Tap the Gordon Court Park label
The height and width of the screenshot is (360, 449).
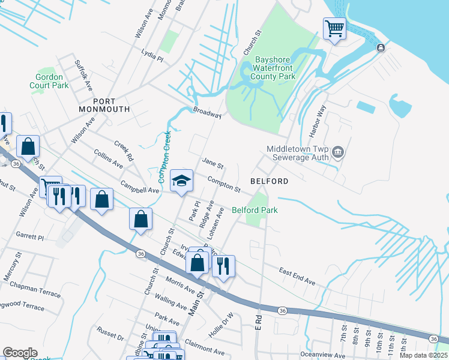click(x=49, y=81)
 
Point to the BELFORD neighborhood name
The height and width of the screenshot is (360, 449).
click(x=269, y=181)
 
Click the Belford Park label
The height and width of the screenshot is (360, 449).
click(x=255, y=210)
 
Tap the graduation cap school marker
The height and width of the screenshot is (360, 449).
click(x=181, y=181)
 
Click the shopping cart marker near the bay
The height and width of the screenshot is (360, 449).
click(x=334, y=28)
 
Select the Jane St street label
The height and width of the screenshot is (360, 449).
click(x=212, y=163)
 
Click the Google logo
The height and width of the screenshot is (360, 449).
click(x=20, y=353)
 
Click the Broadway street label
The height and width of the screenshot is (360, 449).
click(x=208, y=113)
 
